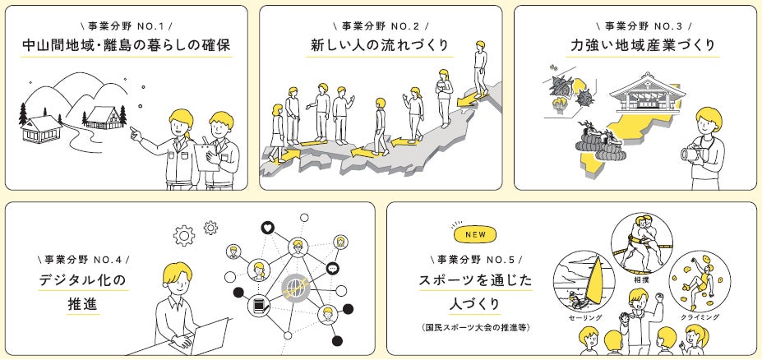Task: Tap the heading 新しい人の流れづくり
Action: (x=380, y=45)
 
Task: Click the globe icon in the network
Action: (x=295, y=287)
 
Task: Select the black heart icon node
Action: (x=267, y=228)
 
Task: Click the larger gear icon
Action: (x=182, y=234)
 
